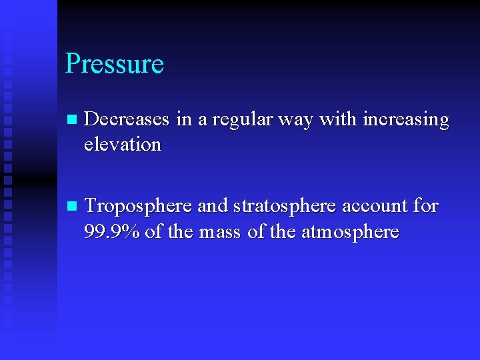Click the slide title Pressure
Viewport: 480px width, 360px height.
(x=114, y=64)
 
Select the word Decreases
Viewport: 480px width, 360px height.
(x=128, y=120)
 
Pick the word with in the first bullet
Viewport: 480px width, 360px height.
(x=338, y=120)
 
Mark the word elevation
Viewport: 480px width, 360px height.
(x=123, y=144)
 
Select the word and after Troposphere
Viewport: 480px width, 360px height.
(x=213, y=207)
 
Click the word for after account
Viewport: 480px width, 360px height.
(x=425, y=207)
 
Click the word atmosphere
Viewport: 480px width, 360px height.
(x=350, y=232)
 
